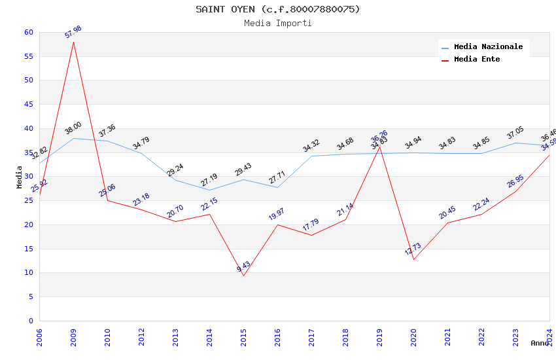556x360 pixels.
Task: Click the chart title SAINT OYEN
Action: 278,9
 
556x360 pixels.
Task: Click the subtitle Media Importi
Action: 278,23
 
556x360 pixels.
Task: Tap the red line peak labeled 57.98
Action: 73,42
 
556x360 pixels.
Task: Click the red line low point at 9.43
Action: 243,275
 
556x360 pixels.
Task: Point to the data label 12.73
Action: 413,249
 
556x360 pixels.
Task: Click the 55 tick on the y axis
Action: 28,56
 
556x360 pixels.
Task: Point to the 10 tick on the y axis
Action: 28,273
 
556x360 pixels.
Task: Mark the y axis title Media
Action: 20,177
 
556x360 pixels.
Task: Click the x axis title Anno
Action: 540,343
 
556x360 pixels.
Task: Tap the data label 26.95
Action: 515,181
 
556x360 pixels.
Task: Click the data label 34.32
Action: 311,146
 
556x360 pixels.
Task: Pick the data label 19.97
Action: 277,215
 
